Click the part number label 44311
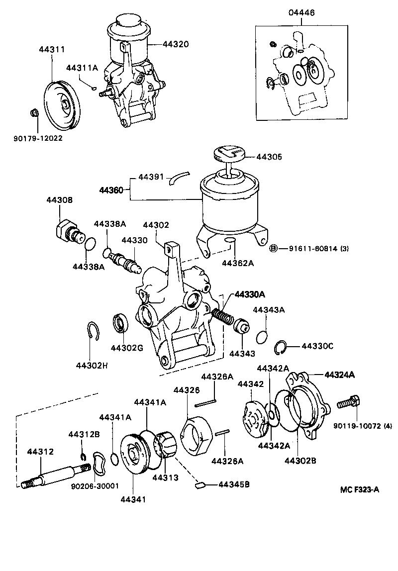pyautogui.click(x=51, y=50)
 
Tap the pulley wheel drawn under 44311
pyautogui.click(x=61, y=105)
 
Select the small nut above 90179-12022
pyautogui.click(x=34, y=113)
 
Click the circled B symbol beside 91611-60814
pyautogui.click(x=273, y=249)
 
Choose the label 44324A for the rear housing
pyautogui.click(x=339, y=375)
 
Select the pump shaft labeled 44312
pyautogui.click(x=55, y=476)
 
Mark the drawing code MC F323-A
pyautogui.click(x=359, y=489)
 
